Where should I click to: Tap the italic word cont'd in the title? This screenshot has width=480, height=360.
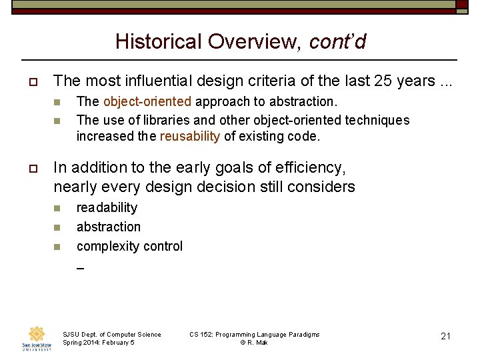click(337, 41)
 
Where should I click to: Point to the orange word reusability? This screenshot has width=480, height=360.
click(190, 136)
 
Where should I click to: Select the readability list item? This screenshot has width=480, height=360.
click(107, 207)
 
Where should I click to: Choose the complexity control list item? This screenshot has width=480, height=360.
click(129, 246)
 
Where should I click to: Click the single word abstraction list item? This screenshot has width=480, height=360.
click(109, 227)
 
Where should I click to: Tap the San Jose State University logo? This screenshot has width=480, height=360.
click(36, 338)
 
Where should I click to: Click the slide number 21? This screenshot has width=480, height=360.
click(446, 336)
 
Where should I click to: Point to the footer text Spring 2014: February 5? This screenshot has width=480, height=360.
click(98, 343)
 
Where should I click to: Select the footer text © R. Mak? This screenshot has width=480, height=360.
click(254, 343)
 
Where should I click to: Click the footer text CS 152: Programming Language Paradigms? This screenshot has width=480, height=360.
click(254, 334)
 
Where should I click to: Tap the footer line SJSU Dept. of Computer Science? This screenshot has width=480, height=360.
click(111, 334)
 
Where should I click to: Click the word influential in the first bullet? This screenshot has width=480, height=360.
click(191, 81)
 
